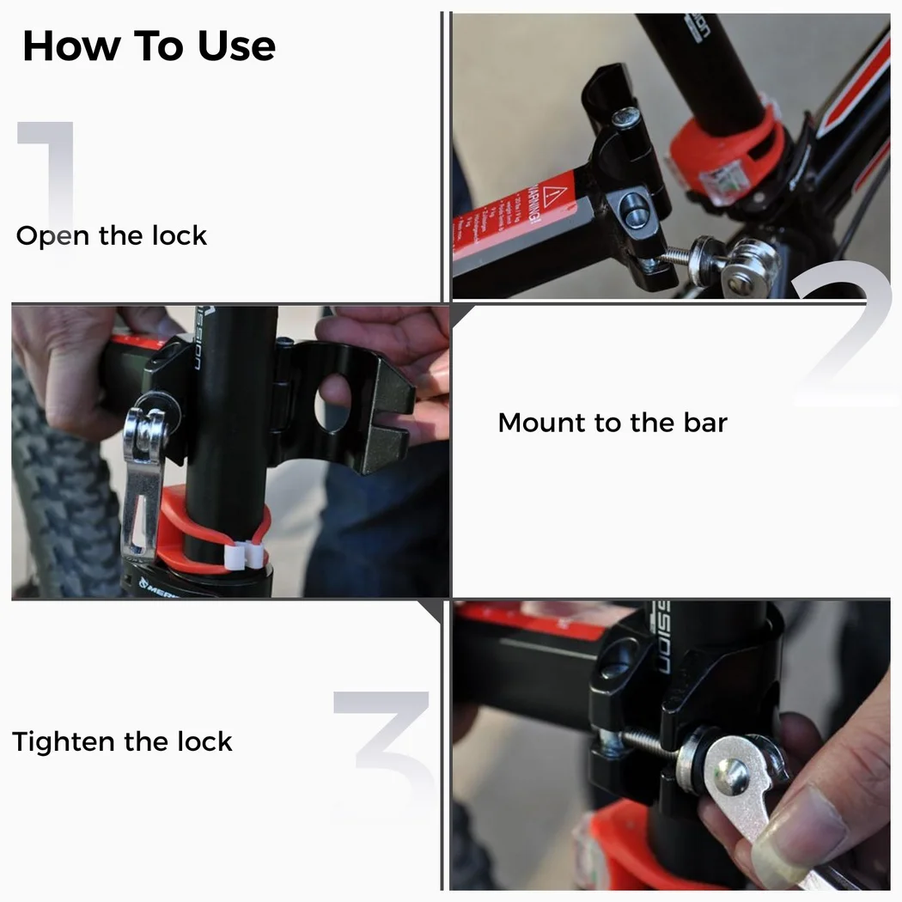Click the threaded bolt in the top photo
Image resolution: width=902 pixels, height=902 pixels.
679,255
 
